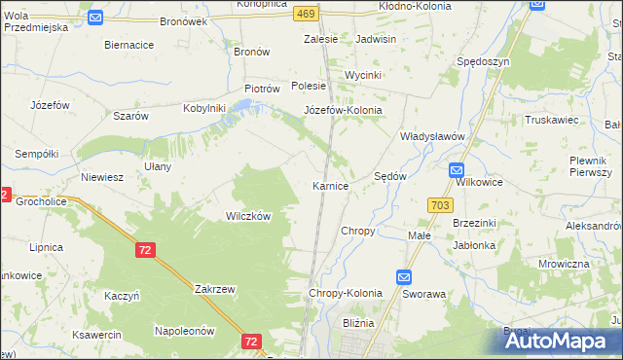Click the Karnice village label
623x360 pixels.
[330, 185]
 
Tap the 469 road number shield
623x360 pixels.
[306, 13]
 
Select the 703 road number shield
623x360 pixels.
[439, 204]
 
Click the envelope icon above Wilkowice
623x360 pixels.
[458, 169]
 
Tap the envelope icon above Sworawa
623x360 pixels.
[404, 276]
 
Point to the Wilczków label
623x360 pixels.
[247, 216]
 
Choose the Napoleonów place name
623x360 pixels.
[184, 331]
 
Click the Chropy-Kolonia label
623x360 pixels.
[346, 293]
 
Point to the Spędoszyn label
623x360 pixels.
[483, 61]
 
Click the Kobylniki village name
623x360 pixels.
[204, 108]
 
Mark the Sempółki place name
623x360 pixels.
[37, 154]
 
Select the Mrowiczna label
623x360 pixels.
[564, 264]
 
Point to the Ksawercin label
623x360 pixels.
[94, 335]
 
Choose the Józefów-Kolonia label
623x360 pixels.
[344, 110]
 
